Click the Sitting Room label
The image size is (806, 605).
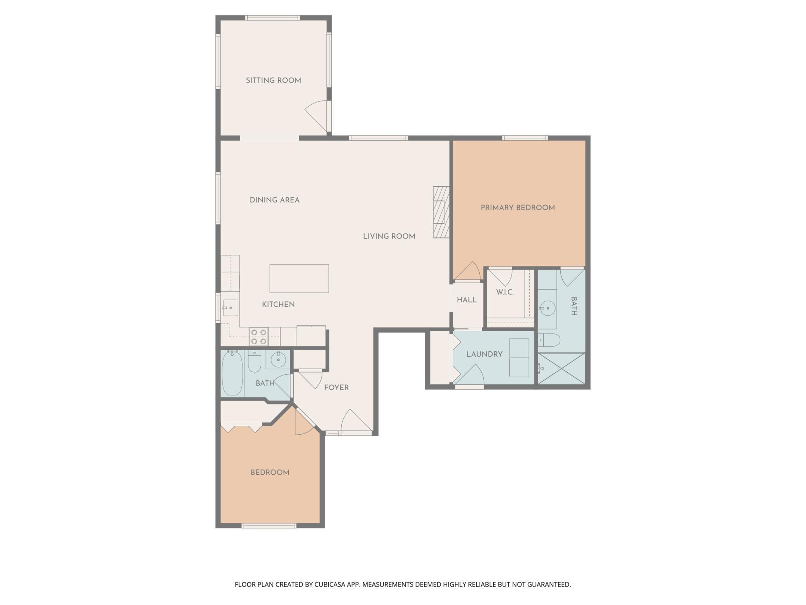click(x=273, y=80)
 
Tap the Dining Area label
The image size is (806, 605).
click(x=274, y=200)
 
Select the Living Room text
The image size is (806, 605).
click(x=389, y=236)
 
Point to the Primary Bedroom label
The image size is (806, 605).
click(x=518, y=207)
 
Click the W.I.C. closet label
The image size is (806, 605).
click(x=505, y=292)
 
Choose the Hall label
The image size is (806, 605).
click(x=467, y=300)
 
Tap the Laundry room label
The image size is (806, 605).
click(x=484, y=354)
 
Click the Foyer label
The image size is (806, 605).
click(x=336, y=387)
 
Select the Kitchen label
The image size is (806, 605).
click(x=278, y=304)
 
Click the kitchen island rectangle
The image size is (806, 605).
click(x=299, y=278)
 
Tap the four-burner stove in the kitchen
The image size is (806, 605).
click(x=259, y=337)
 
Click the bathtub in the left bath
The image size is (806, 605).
click(x=232, y=373)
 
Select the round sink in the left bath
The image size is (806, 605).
click(x=278, y=360)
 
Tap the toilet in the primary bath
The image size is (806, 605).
click(x=549, y=340)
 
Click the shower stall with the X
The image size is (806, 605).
click(x=561, y=369)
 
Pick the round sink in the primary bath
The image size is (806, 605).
click(x=548, y=308)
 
